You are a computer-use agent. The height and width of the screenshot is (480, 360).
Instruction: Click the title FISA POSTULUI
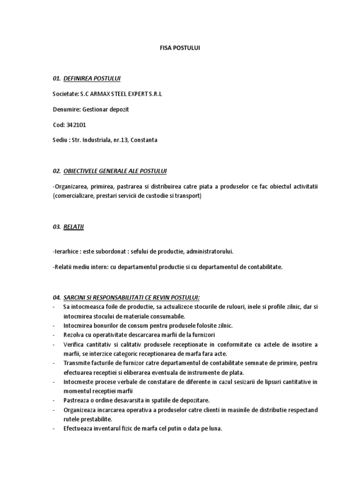pyautogui.click(x=180, y=48)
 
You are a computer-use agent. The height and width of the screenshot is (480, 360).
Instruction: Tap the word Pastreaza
pyautogui.click(x=76, y=400)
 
